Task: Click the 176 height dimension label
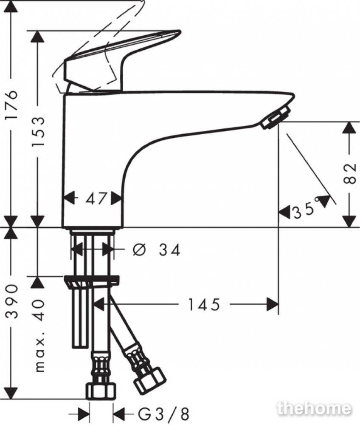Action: point(13,105)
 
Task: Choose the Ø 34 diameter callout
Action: point(156,249)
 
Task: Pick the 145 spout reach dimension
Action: point(204,304)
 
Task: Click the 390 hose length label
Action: point(13,301)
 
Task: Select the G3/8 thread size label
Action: point(163,414)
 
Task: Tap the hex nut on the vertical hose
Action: point(101,391)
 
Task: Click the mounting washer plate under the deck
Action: point(92,280)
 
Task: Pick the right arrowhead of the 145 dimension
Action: point(273,304)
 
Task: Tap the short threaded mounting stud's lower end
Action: point(80,345)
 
